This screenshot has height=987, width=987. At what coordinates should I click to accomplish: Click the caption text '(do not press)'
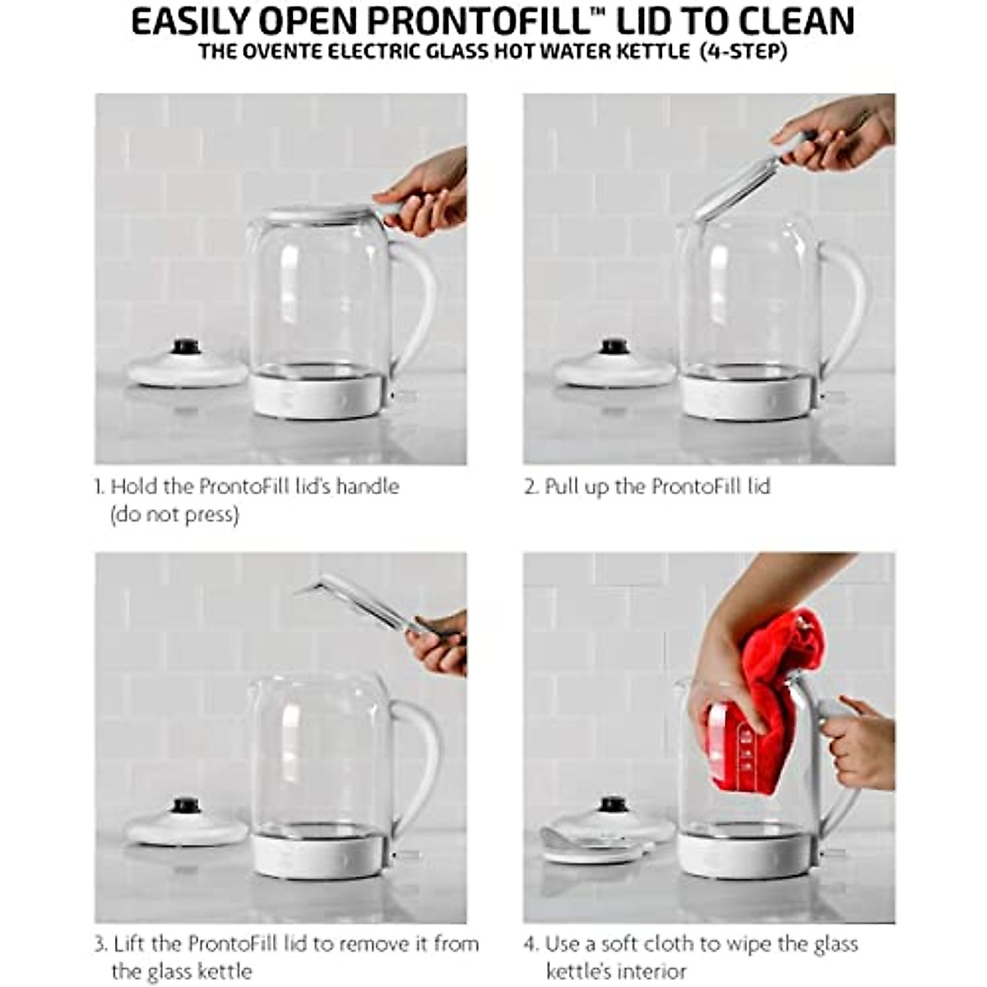coord(174,515)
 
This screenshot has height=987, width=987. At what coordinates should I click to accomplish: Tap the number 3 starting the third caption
coord(100,944)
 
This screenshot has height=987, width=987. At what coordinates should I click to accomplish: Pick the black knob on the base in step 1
coord(186,346)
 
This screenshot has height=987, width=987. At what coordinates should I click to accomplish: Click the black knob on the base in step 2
coord(614,346)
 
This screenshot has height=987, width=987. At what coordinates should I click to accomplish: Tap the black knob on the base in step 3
coord(186,804)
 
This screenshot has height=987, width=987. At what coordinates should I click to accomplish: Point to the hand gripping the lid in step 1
coord(424,196)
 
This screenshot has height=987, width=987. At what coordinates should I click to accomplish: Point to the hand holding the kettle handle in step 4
coord(860,744)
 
